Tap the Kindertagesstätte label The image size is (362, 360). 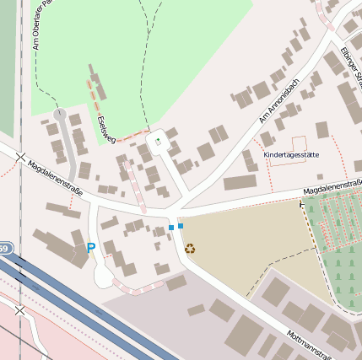(291, 155)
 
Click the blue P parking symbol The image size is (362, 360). (91, 249)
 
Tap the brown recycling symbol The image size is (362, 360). (190, 249)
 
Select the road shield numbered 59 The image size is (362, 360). (4, 249)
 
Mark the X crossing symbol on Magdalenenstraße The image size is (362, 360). (20, 157)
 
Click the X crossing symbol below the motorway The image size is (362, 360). (19, 311)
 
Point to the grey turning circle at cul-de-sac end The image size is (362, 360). (59, 112)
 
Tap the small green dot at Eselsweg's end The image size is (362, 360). (158, 142)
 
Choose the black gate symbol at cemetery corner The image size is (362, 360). (302, 203)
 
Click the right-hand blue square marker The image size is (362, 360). (181, 226)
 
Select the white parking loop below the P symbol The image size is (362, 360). (103, 275)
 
